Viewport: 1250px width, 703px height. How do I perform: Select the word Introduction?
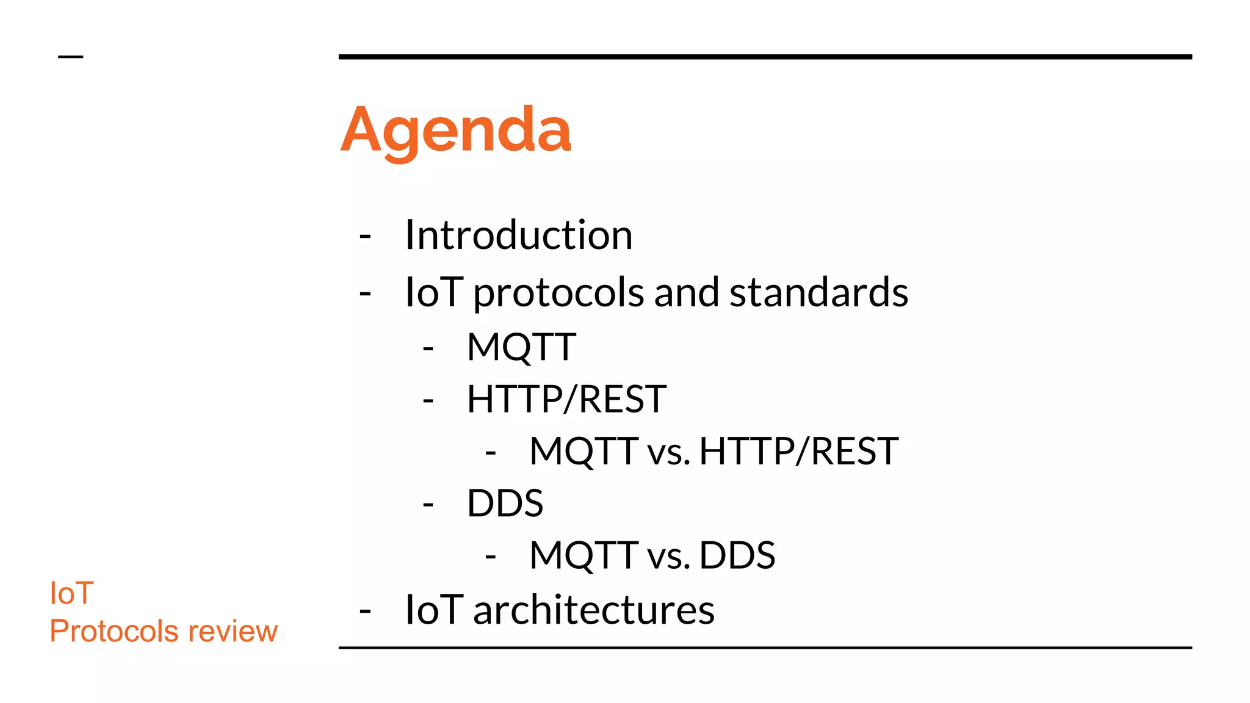(x=519, y=235)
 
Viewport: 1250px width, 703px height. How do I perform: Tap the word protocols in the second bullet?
(x=558, y=293)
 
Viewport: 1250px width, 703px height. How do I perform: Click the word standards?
(x=818, y=292)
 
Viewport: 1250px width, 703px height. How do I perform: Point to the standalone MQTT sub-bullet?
(x=521, y=347)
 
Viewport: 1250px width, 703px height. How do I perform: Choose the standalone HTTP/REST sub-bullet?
(x=566, y=399)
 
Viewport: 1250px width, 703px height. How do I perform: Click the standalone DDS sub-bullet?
(x=505, y=503)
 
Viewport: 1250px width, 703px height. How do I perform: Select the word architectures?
(x=593, y=610)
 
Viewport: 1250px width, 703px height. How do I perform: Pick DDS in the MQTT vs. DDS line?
(x=737, y=556)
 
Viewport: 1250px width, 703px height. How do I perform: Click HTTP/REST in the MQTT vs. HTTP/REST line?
(x=798, y=452)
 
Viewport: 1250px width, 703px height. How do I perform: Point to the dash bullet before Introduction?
(x=365, y=236)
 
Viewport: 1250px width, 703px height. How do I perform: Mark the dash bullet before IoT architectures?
(x=365, y=611)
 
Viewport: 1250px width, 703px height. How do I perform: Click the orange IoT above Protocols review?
(x=71, y=593)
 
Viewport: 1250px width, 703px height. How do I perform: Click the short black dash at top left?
(x=70, y=57)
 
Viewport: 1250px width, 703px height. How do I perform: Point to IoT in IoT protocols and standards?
(x=434, y=292)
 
